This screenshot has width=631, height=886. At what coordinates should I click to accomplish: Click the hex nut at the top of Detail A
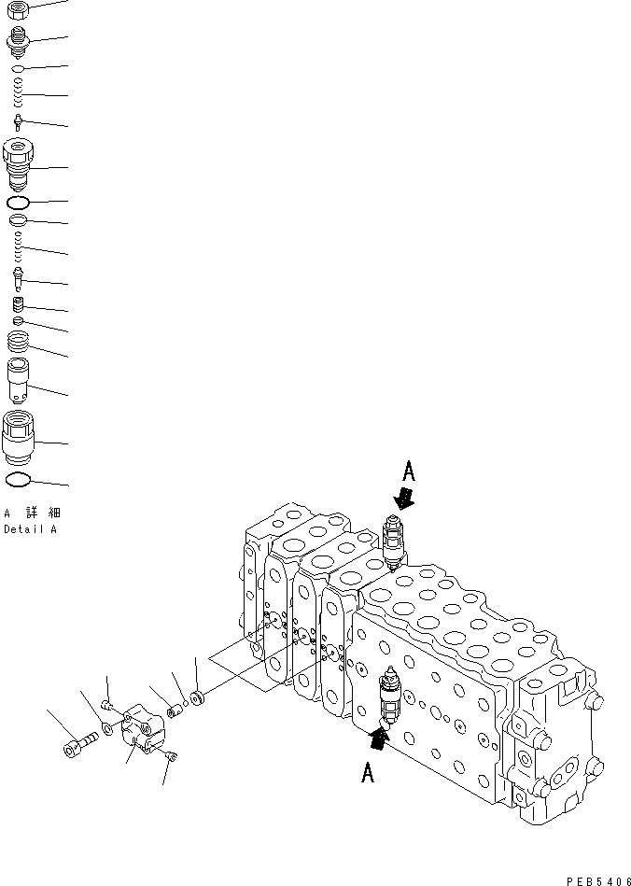point(19,10)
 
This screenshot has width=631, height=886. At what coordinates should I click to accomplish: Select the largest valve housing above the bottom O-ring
point(20,437)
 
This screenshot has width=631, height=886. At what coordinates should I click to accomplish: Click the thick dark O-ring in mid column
point(19,203)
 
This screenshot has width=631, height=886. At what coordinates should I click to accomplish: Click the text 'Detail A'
point(30,528)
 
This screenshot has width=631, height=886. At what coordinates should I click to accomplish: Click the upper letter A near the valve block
point(407,470)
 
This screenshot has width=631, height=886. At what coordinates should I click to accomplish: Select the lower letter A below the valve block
point(368,774)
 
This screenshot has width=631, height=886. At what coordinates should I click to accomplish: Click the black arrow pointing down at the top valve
point(404,498)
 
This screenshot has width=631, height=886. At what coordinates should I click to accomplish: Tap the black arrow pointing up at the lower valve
point(376,740)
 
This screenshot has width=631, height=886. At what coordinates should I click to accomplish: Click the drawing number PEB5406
point(592,879)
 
